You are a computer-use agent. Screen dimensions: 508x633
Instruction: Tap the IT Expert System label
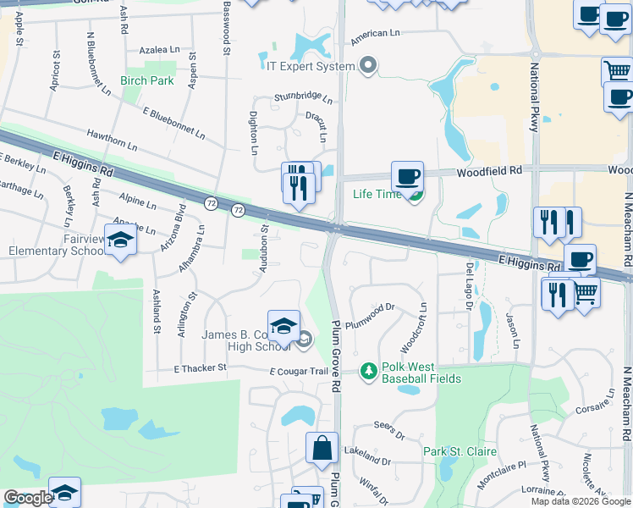(x=310, y=66)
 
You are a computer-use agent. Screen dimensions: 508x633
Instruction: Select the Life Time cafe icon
(x=407, y=178)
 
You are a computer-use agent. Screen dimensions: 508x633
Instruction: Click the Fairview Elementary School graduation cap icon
(x=120, y=240)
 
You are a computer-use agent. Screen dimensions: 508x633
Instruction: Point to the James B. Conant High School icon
(x=283, y=326)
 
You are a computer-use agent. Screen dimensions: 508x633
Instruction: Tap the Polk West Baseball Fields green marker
(x=368, y=370)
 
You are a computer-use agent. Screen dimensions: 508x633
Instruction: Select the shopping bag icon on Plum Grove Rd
(x=322, y=448)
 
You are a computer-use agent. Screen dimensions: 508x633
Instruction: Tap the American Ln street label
(x=375, y=35)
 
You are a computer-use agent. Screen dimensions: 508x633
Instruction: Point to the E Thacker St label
(x=201, y=368)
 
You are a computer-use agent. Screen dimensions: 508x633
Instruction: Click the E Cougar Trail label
(x=298, y=372)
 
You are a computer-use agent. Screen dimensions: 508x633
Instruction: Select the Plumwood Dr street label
(x=373, y=308)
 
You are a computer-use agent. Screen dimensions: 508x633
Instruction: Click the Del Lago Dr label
(x=469, y=286)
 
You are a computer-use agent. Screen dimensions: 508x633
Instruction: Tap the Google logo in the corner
(x=27, y=498)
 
